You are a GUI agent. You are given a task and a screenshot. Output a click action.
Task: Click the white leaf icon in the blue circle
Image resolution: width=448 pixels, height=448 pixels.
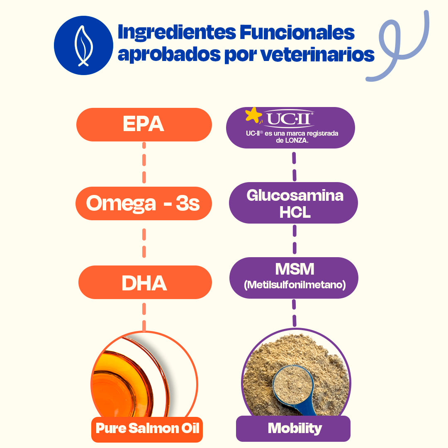click(83, 46)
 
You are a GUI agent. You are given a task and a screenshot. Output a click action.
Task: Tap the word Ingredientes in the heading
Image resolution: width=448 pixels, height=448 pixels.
click(177, 33)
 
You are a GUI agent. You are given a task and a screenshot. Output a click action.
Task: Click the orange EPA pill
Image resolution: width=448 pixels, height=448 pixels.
click(144, 124)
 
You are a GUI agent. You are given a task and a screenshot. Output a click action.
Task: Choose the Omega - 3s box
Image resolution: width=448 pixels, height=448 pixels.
click(144, 203)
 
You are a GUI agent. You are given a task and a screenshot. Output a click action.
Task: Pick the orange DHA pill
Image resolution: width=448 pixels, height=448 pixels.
click(145, 282)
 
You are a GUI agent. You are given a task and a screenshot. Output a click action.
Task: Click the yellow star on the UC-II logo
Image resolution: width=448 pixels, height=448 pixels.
click(253, 115)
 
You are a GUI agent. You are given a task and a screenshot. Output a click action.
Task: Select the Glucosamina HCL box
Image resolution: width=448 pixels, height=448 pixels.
click(293, 203)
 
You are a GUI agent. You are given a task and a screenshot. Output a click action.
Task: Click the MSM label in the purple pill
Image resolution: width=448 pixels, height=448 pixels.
click(295, 269)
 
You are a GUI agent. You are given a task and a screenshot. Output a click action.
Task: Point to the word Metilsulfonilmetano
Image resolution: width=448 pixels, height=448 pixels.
click(295, 285)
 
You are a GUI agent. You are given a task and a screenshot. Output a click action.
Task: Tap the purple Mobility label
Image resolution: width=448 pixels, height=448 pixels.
click(293, 428)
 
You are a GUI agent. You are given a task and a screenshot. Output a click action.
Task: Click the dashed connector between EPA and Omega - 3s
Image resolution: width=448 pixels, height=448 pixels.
click(144, 163)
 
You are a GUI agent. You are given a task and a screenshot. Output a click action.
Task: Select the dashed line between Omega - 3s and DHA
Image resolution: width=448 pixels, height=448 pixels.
click(144, 243)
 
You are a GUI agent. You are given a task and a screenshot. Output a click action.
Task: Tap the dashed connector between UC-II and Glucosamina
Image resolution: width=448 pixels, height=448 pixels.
click(294, 167)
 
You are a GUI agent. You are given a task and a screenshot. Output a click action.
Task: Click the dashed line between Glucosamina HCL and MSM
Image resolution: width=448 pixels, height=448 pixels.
click(295, 240)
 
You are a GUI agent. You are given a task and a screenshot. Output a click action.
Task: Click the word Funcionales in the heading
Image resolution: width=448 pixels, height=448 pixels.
click(297, 32)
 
